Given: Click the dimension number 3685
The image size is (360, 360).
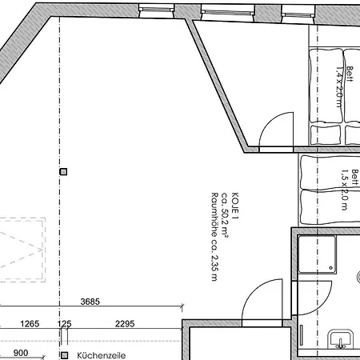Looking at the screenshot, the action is click(90, 302).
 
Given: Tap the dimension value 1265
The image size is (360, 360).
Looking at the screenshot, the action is click(30, 324).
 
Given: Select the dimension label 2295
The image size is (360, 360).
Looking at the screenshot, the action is click(125, 324).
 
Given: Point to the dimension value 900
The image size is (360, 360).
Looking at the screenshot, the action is click(21, 353).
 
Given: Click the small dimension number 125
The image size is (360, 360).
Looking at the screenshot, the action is click(65, 324).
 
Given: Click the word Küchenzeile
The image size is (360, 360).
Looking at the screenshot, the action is click(102, 355).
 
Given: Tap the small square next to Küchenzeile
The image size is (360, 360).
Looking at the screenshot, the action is click(64, 355).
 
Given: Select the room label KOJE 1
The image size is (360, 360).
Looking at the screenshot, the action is click(235, 206).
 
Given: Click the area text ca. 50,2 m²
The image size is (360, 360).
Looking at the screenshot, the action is click(225, 214).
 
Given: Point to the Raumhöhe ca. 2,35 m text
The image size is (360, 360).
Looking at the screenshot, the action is click(214, 237).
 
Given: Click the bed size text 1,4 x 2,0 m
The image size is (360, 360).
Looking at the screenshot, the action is click(339, 87).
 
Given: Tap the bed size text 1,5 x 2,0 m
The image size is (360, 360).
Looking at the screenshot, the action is click(345, 190).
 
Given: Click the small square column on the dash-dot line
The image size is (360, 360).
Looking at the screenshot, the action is click(63, 171).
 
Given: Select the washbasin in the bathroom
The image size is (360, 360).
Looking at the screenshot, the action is click(341, 339).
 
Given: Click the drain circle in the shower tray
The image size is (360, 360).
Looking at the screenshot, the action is click(331, 268).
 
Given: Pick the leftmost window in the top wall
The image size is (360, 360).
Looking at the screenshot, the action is click(157, 10).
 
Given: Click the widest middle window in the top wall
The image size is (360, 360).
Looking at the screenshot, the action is click(228, 12).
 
